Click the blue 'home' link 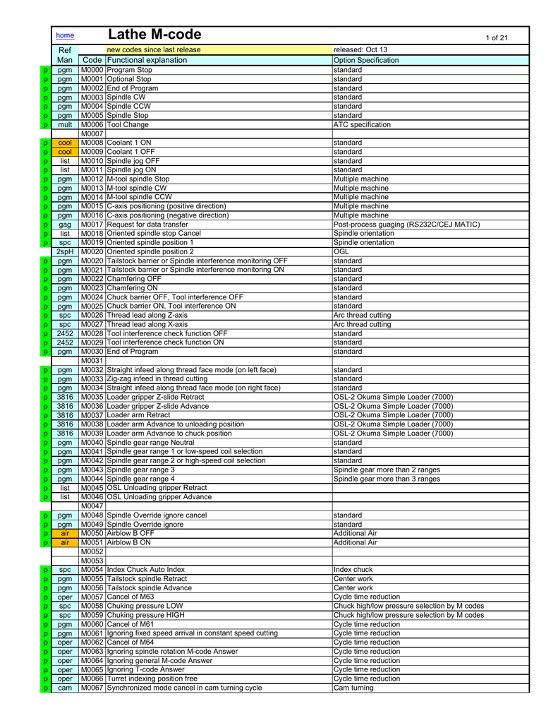(65, 35)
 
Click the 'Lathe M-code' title (154, 35)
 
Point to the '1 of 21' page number (497, 38)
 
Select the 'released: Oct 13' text (360, 50)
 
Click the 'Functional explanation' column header (147, 61)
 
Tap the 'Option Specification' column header (365, 61)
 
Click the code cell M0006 (92, 125)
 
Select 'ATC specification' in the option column (361, 125)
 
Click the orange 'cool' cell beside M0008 (65, 143)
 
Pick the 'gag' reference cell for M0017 (65, 225)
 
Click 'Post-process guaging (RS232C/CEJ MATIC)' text (406, 225)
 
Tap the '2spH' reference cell (65, 251)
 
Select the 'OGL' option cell (341, 251)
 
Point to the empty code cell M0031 (92, 361)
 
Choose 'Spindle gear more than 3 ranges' (387, 479)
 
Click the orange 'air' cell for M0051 (65, 542)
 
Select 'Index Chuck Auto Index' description (146, 569)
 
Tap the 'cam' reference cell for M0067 (65, 688)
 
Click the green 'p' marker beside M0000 (44, 71)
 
